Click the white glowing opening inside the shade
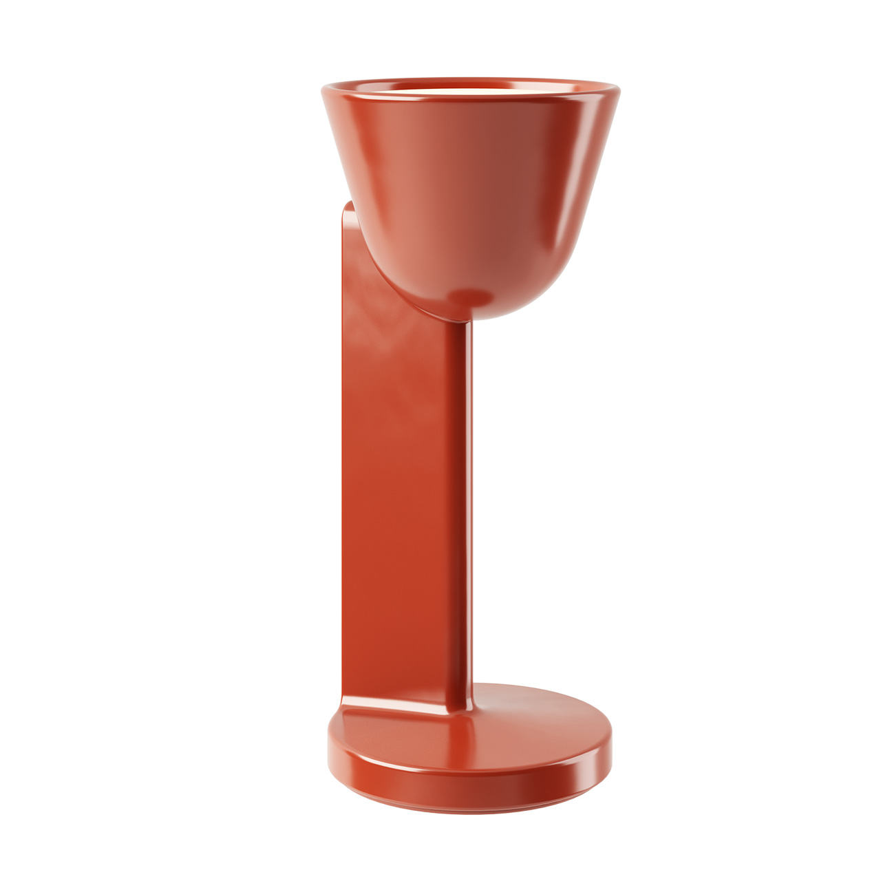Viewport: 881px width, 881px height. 470,85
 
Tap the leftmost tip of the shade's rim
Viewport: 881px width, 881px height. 324,89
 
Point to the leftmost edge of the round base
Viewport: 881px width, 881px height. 329,740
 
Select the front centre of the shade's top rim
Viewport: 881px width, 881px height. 470,100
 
